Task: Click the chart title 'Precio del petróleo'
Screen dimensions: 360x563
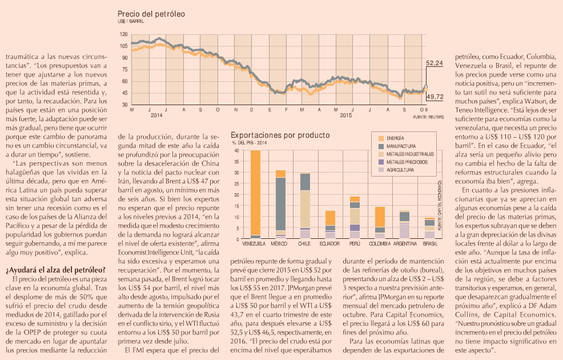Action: coord(151,14)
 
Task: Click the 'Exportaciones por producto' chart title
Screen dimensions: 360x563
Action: coord(280,135)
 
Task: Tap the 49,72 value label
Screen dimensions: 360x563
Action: coord(435,97)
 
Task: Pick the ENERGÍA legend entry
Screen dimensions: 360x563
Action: coord(393,138)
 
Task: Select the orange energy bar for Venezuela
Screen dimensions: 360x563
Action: coord(255,192)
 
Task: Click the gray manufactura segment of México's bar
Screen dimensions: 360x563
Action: coord(280,203)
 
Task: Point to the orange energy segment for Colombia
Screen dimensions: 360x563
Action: coord(380,217)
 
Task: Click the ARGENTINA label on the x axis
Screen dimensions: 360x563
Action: coord(405,243)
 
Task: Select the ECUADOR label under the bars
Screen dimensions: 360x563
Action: coord(329,243)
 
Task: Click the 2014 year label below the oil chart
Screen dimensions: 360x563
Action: coord(156,115)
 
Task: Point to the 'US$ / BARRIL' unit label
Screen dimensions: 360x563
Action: coord(130,21)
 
